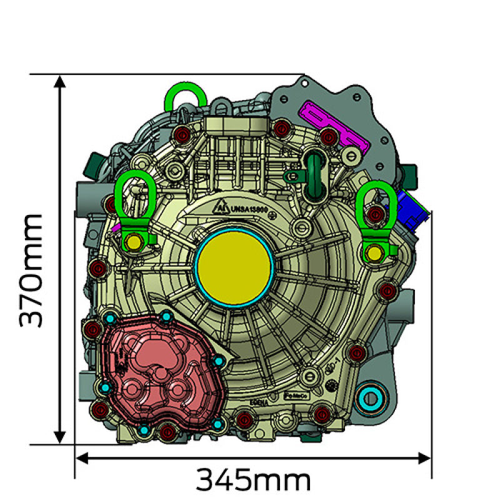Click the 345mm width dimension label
[253, 481]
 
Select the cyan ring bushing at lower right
[372, 397]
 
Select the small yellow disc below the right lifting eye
[374, 252]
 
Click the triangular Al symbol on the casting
[221, 208]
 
